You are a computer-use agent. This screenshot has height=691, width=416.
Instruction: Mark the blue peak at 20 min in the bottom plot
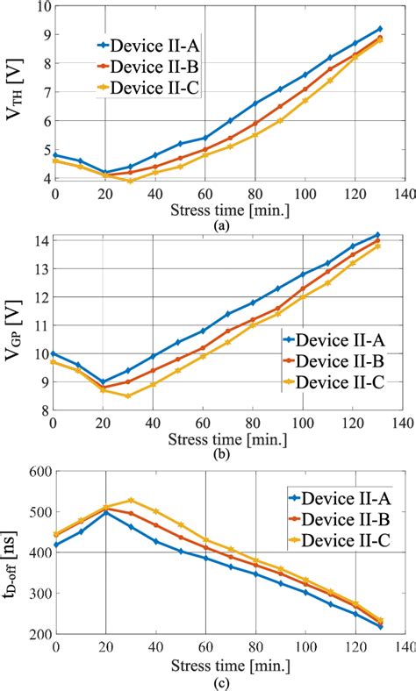point(105,511)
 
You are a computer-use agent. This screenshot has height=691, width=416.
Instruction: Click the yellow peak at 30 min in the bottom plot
point(131,500)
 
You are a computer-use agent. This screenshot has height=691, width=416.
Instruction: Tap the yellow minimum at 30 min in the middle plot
point(128,395)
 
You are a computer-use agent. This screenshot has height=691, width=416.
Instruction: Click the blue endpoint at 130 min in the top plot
point(379,28)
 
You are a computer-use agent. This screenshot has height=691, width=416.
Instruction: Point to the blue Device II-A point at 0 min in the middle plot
point(54,353)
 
